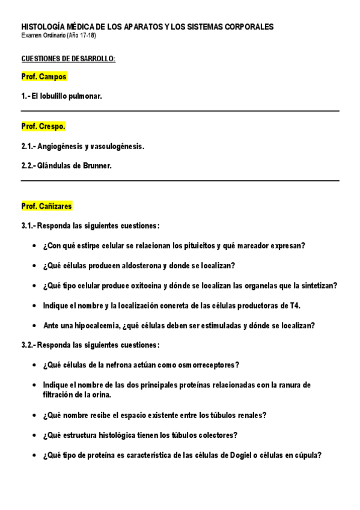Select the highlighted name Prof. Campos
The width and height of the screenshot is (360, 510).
(44, 77)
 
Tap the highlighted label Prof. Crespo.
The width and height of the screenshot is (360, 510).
(43, 127)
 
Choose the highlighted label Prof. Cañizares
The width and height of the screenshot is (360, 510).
(46, 206)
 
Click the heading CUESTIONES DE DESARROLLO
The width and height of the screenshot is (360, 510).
(68, 58)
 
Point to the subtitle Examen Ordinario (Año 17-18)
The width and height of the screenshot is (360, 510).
(58, 36)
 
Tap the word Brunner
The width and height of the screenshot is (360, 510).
(99, 166)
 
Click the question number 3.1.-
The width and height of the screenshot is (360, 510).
(28, 226)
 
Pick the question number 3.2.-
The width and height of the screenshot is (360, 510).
(28, 345)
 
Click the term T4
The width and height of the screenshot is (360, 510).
(294, 306)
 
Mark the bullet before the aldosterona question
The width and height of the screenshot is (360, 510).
(33, 266)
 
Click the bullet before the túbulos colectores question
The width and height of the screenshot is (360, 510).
(33, 435)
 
